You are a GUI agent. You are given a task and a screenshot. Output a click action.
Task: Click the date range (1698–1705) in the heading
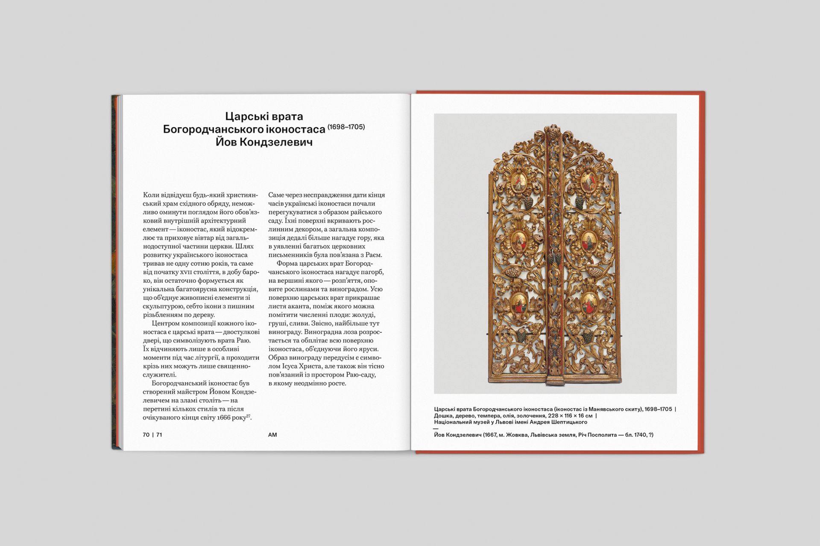point(346,127)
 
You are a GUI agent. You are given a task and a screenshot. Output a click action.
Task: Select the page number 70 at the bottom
point(146,435)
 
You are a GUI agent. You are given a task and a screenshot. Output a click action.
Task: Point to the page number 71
point(159,435)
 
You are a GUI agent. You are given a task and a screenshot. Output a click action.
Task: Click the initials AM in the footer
point(272,435)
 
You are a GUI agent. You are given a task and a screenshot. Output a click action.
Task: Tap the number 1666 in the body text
point(224,418)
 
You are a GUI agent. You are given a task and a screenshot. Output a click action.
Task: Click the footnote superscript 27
point(248,415)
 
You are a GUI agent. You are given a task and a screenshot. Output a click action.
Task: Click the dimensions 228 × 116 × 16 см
point(570,416)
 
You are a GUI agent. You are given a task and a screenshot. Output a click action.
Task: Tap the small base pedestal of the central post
point(553,379)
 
